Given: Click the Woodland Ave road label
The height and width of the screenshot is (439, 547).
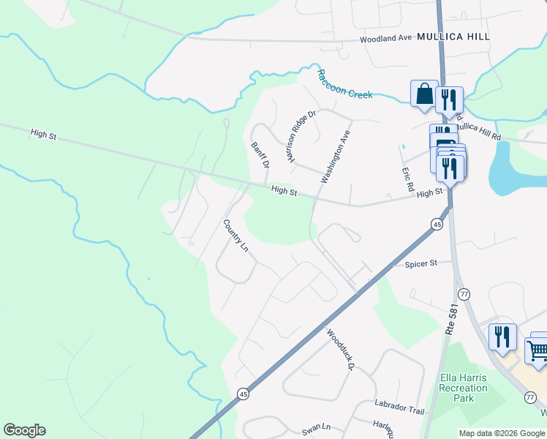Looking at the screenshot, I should tap(386, 39).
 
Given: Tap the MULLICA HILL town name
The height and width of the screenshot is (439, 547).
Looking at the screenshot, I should tap(453, 36).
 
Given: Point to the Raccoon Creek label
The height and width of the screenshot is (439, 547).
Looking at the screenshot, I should tap(345, 84).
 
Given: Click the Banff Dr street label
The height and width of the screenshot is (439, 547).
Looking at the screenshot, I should tap(260, 154).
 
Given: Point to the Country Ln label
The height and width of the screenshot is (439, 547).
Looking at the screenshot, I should tap(235, 235).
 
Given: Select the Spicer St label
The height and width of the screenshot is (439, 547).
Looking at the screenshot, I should tap(420, 263).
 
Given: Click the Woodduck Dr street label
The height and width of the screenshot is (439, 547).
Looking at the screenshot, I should tap(342, 346).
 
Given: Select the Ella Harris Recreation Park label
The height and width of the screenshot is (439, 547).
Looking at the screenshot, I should tap(463, 388).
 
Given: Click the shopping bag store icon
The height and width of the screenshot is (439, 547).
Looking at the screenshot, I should tap(424, 94).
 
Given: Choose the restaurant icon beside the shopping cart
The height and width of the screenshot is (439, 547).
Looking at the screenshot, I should tap(502, 337).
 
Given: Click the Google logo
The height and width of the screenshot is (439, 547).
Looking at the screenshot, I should tap(24, 430).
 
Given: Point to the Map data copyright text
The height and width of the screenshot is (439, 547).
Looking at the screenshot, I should tap(502, 432).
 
